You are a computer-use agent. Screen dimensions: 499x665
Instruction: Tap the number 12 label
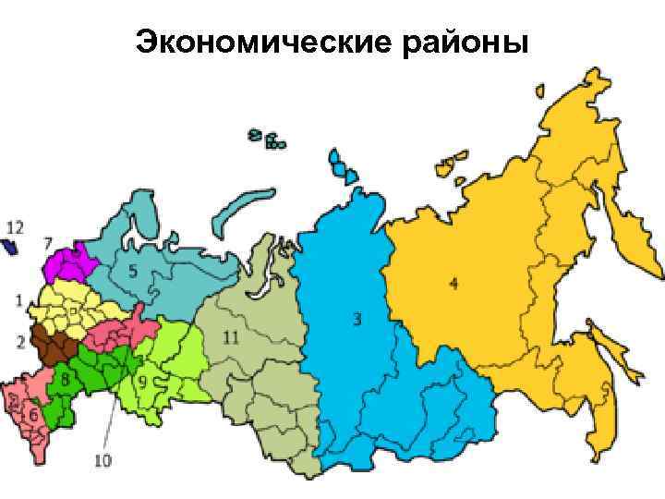tap(15, 225)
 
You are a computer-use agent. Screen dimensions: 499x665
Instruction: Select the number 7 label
tap(47, 243)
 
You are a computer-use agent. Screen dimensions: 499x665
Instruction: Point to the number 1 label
tap(19, 299)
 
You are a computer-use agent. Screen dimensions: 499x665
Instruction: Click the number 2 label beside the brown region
tap(19, 341)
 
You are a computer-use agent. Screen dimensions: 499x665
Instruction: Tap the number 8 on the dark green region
tap(65, 378)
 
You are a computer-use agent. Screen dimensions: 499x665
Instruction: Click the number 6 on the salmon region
tap(33, 417)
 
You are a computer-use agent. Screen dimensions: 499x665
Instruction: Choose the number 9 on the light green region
tap(143, 379)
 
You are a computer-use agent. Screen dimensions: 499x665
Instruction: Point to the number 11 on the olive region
tap(230, 338)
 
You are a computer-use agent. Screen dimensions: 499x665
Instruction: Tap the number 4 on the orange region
tap(453, 284)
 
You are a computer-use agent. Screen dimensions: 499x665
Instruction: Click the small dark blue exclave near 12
tap(11, 247)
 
